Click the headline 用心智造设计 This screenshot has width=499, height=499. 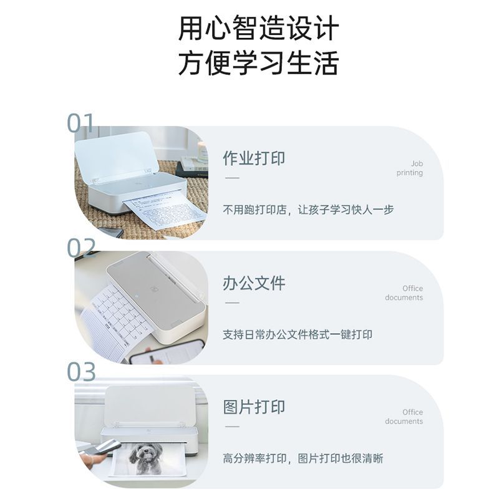258,28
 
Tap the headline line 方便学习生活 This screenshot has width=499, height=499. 258,63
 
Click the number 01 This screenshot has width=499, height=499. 81,123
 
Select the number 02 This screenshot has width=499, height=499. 81,248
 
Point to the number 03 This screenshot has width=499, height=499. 81,371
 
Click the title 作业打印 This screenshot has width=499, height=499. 254,158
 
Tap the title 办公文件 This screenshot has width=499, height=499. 254,283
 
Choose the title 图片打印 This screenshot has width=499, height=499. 254,407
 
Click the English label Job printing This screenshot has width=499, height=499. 410,168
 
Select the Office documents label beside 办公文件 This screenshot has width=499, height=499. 404,293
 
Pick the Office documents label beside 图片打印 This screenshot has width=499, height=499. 404,417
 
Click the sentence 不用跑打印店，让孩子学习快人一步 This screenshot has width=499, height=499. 308,210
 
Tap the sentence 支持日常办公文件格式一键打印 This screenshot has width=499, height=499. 298,334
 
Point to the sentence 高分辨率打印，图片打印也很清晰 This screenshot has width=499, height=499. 303,458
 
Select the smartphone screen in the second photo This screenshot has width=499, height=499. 168,352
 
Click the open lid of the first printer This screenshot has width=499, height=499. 116,156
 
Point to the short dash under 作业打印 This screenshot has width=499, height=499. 232,178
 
